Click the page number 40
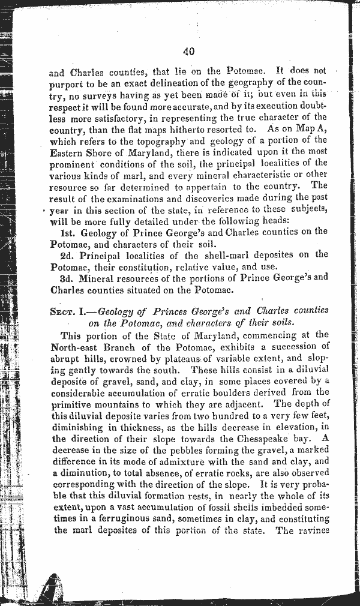coord(189,52)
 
